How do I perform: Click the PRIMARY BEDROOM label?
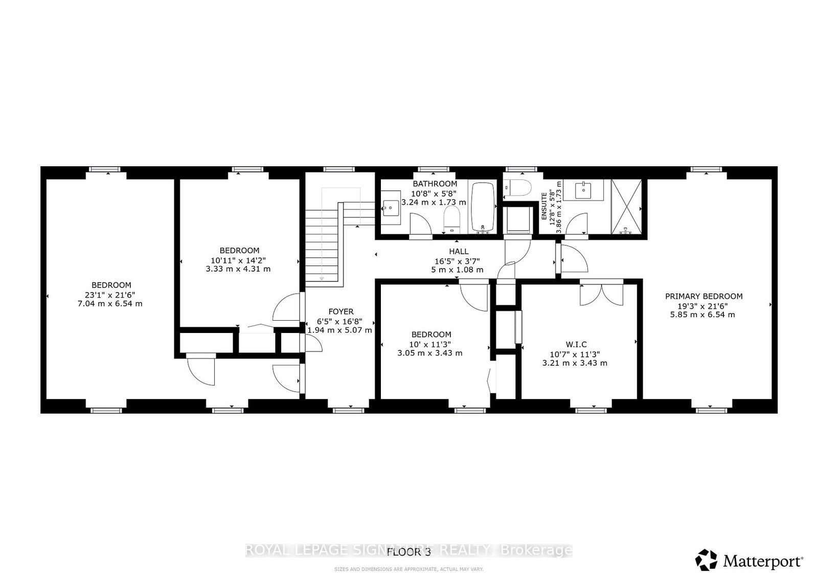coord(703,296)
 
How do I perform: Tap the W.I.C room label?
coord(576,344)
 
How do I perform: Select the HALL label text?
coord(459,251)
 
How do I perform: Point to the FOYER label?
coord(341,311)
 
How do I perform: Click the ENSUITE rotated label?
coord(544,207)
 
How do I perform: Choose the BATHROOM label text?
coord(435,184)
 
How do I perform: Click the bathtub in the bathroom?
coord(483,207)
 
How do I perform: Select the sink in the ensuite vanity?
coord(583,190)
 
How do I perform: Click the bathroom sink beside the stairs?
coord(391,208)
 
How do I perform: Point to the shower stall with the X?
coord(626,207)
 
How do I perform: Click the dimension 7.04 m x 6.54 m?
coord(110,303)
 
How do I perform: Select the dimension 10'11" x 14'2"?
coord(238,260)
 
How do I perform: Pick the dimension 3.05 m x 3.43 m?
coord(430,353)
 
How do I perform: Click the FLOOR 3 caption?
coord(409,551)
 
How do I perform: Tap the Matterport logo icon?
coord(706,560)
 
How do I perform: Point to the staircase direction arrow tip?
coord(322,280)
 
